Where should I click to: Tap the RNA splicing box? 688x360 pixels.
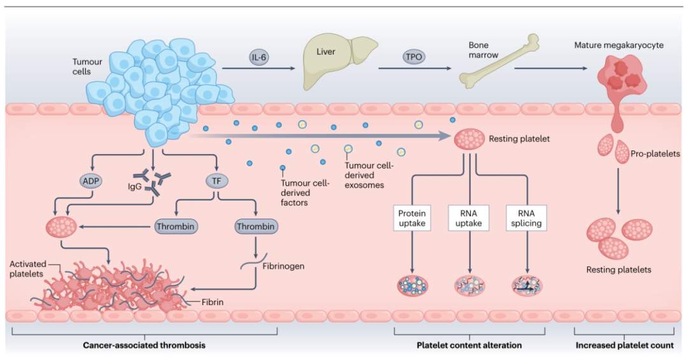tap(527, 218)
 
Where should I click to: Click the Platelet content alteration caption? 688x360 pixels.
tap(469, 345)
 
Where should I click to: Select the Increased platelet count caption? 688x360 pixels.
tap(623, 345)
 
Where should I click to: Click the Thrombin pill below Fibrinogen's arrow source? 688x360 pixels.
tap(255, 226)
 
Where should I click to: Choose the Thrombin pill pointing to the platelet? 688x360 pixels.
tap(175, 226)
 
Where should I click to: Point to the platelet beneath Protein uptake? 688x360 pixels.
tap(412, 285)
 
